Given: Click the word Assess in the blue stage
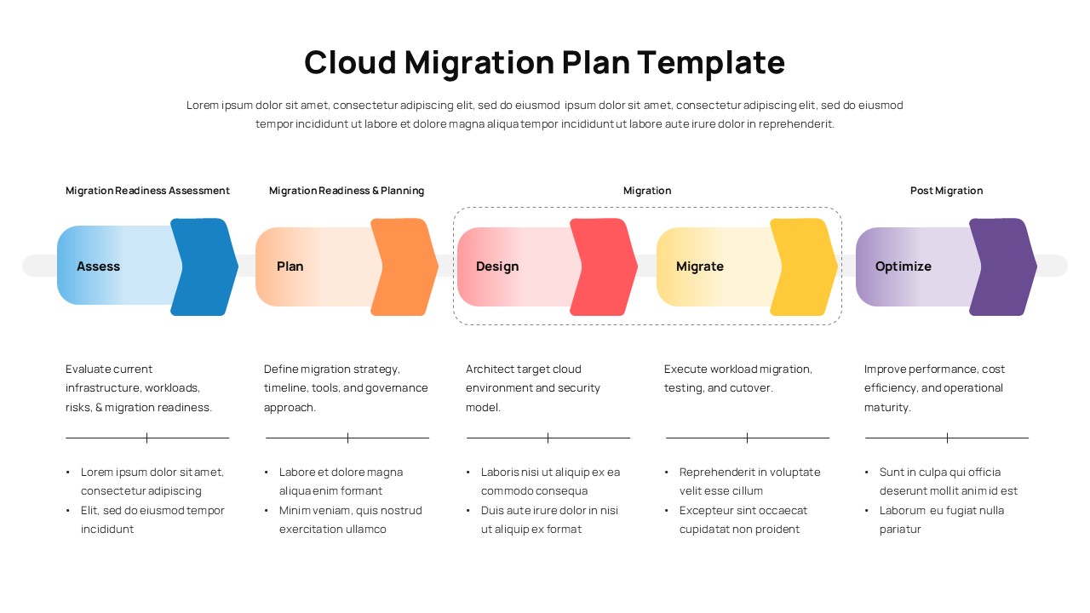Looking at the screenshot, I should (x=98, y=266).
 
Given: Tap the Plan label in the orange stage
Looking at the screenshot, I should (x=290, y=266).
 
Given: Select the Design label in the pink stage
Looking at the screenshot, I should (x=497, y=266).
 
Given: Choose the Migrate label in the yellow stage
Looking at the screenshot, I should (x=699, y=266).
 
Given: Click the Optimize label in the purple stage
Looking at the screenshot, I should (x=903, y=266).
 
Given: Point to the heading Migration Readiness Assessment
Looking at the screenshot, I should (x=147, y=191).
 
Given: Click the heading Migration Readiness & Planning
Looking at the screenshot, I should (x=347, y=191).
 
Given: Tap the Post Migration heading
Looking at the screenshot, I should (x=946, y=191).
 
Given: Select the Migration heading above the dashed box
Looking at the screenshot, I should (x=647, y=191).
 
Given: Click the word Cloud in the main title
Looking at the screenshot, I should (x=350, y=63).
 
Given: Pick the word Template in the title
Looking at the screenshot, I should (x=710, y=63).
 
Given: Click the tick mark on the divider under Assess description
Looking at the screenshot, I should (x=146, y=438).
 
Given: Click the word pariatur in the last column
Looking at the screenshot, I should (x=900, y=530).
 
